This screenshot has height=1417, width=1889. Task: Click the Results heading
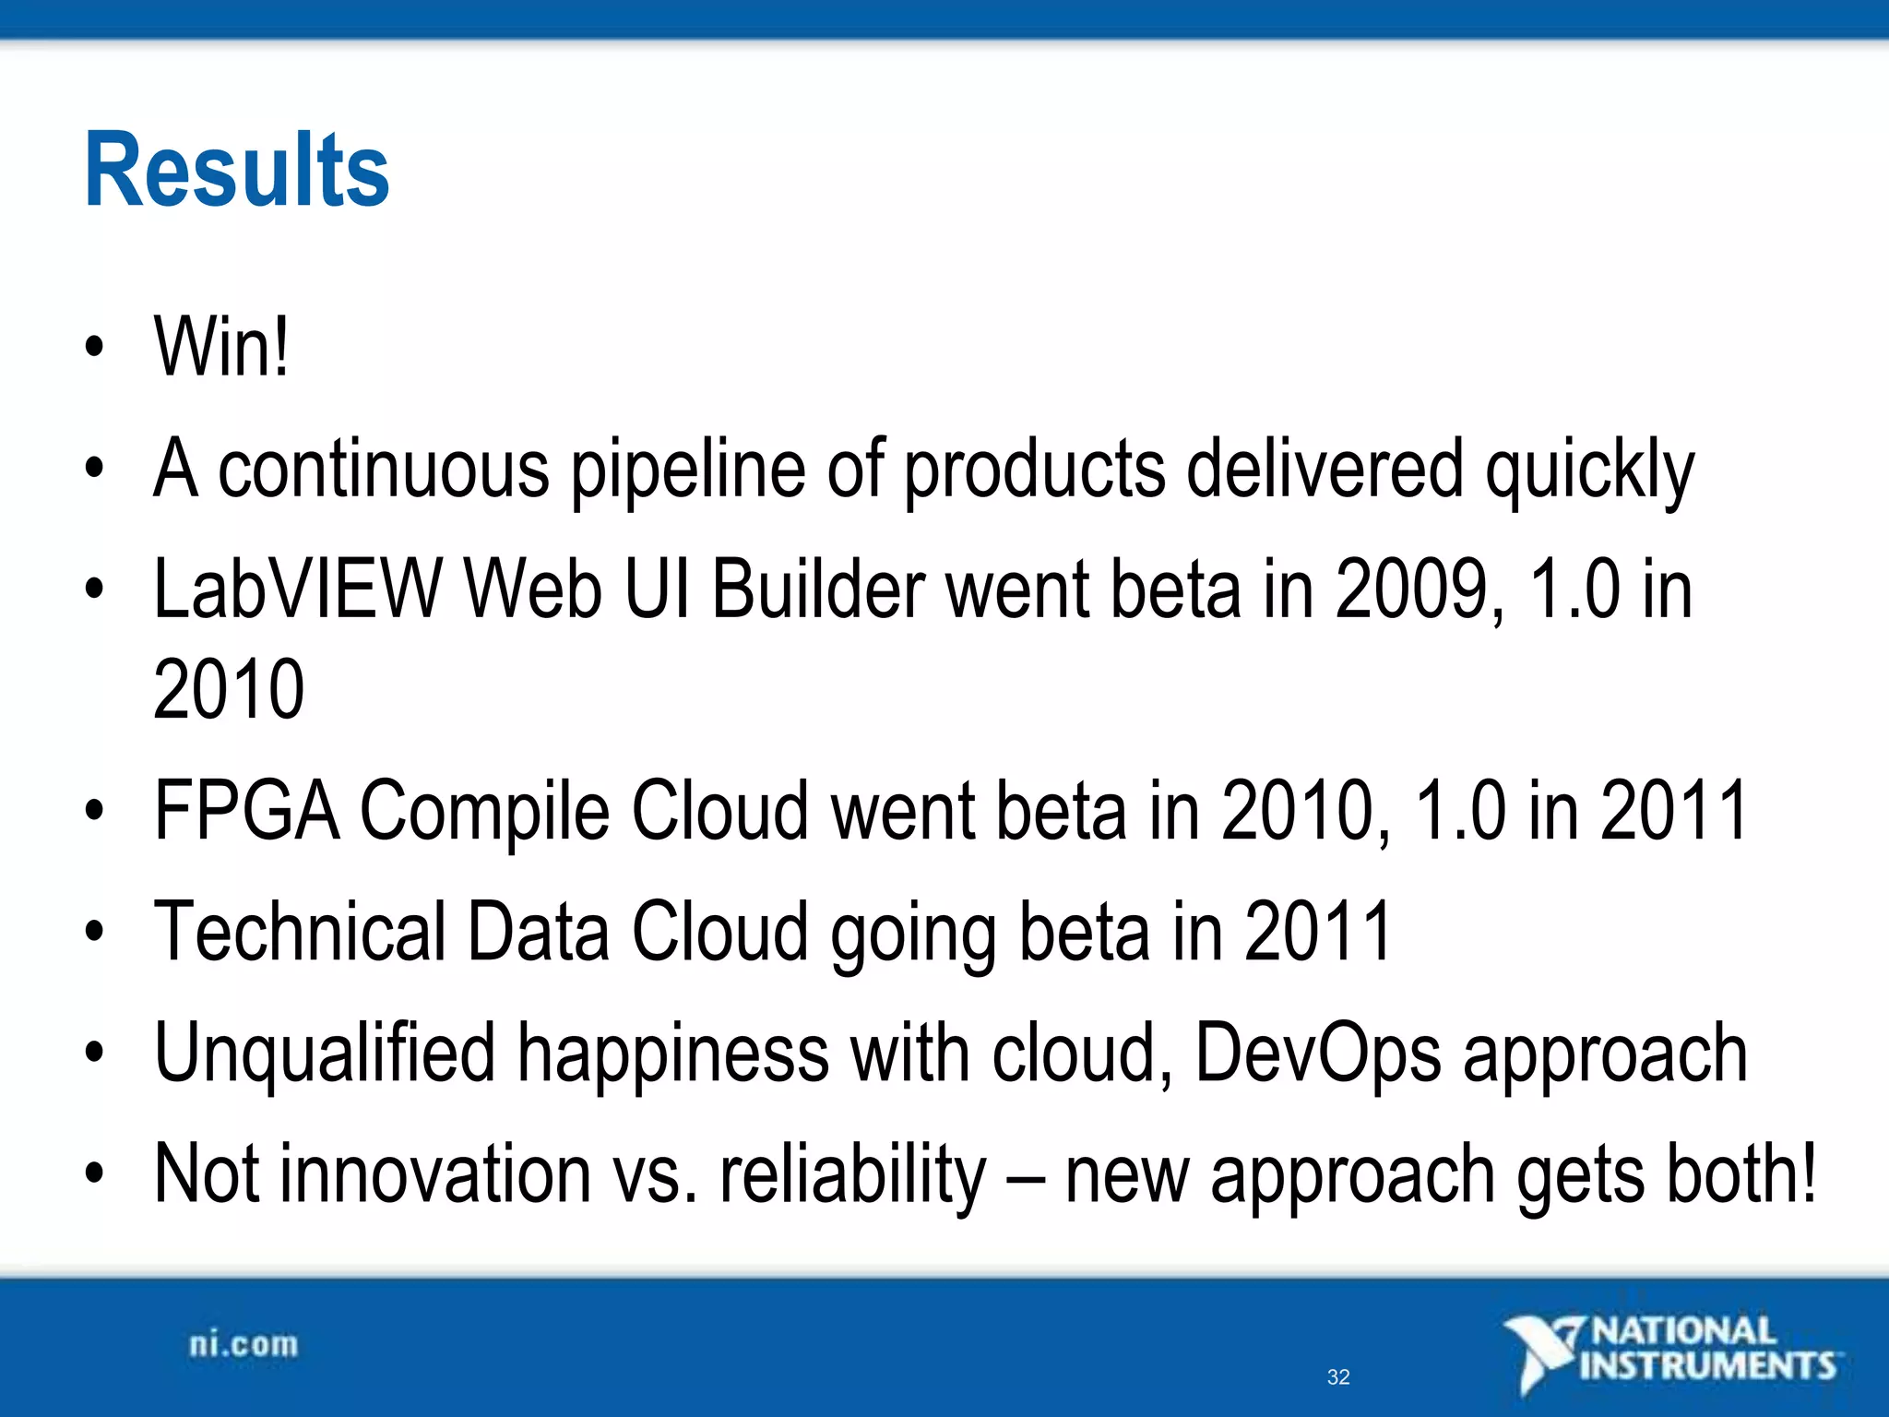pyautogui.click(x=237, y=171)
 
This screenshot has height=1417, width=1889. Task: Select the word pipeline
pyautogui.click(x=688, y=470)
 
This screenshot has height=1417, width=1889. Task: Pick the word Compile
pyautogui.click(x=484, y=813)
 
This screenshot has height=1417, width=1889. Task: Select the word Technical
pyautogui.click(x=300, y=932)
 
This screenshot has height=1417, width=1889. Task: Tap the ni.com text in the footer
pyautogui.click(x=244, y=1345)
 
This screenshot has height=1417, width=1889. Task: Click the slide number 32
pyautogui.click(x=1338, y=1377)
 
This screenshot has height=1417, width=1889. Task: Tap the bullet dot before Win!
pyautogui.click(x=94, y=348)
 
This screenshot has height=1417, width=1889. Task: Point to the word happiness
pyautogui.click(x=673, y=1054)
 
